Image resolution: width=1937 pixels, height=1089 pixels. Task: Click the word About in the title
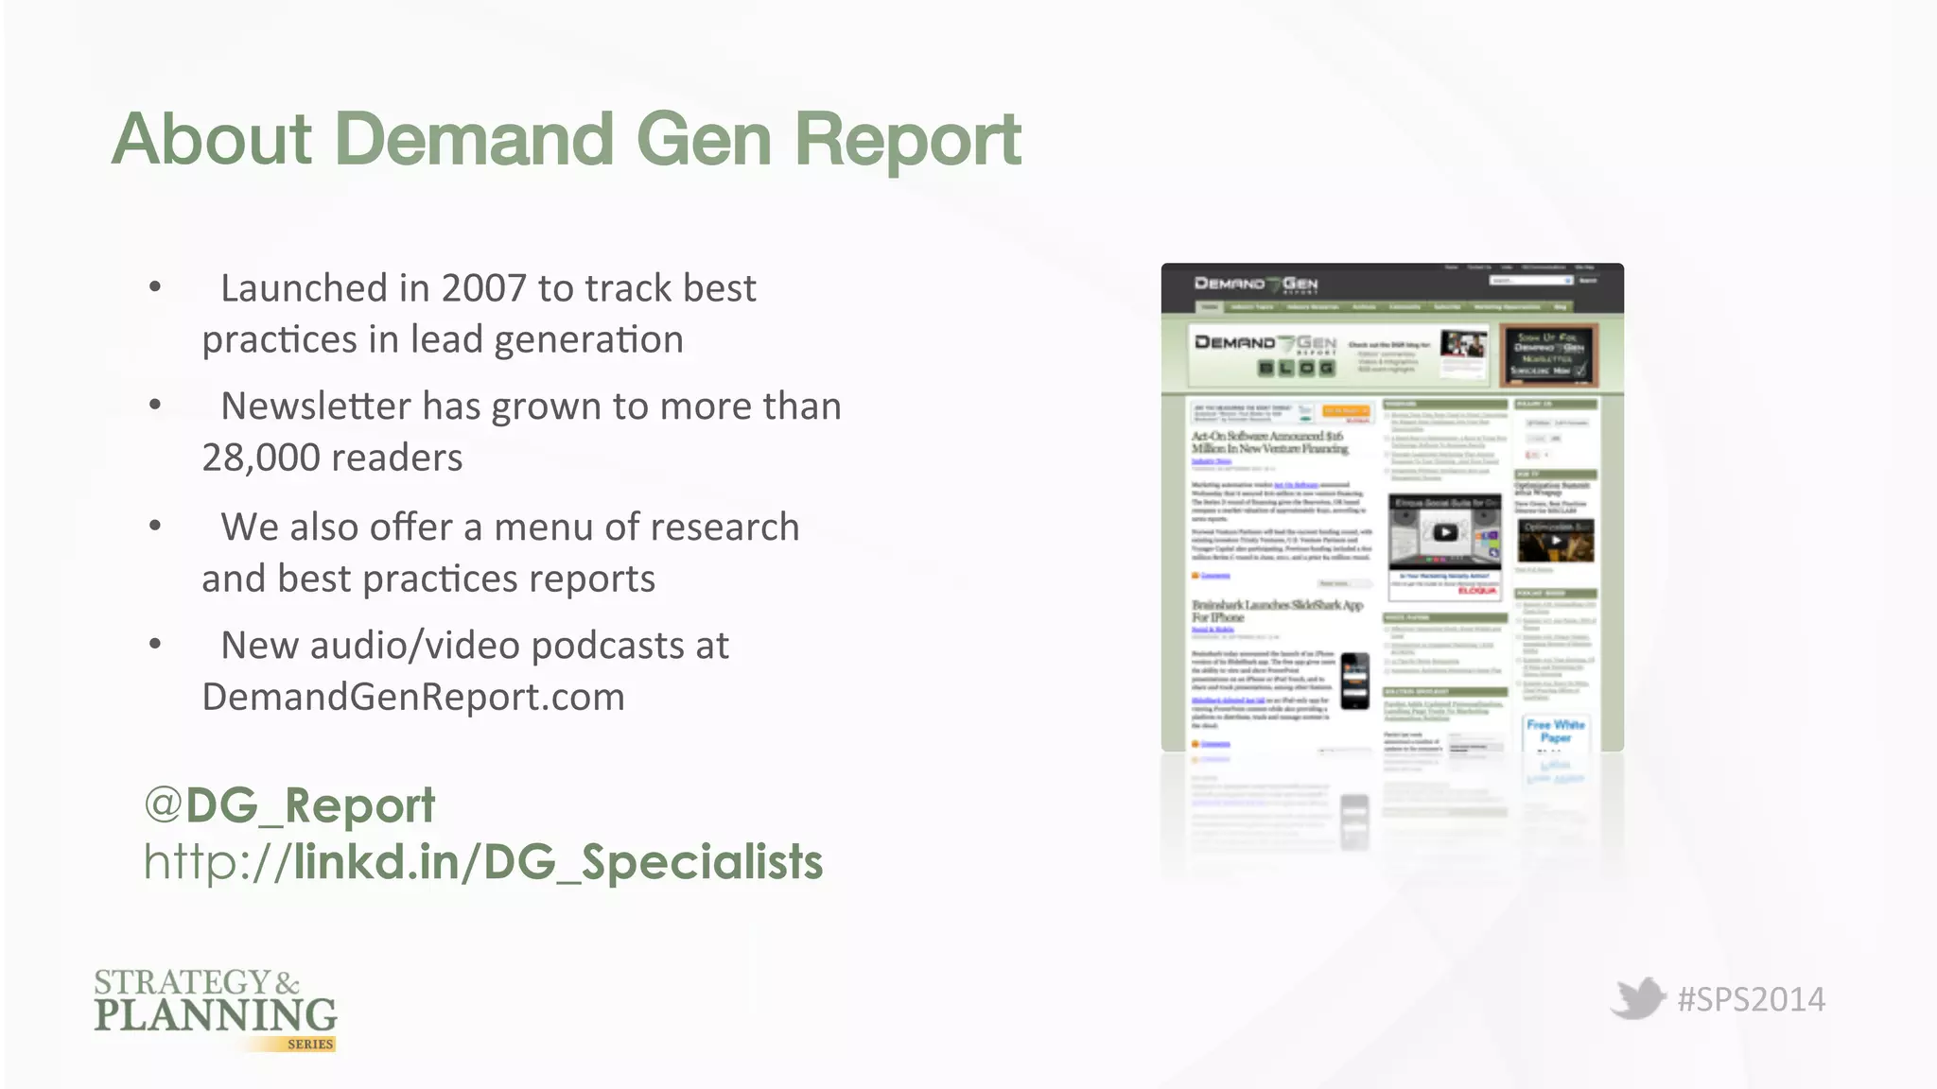coord(212,140)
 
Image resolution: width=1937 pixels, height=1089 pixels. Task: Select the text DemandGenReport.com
coord(413,698)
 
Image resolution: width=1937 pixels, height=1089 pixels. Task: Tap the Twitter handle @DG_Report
coord(289,805)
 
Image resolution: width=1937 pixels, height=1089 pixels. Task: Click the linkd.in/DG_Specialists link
coord(558,862)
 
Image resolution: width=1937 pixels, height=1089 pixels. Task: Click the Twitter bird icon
coord(1637,998)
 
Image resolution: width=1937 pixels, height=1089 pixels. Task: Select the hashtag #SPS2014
coord(1751,1000)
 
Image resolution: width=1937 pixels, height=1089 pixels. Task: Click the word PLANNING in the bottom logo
coord(216,1015)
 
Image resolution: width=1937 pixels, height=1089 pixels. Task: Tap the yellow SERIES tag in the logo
coord(310,1045)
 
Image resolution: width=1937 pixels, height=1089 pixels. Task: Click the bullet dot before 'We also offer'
coord(155,526)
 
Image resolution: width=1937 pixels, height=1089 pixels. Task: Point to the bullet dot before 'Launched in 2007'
coord(155,287)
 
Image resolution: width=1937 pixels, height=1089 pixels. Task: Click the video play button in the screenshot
coord(1444,532)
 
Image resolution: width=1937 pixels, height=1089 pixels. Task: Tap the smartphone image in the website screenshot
coord(1355,681)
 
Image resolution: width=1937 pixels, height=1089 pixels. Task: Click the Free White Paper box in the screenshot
coord(1556,732)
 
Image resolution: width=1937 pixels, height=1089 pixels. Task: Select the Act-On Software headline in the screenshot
coord(1268,442)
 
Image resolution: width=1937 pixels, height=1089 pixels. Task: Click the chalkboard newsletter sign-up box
coord(1548,354)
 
